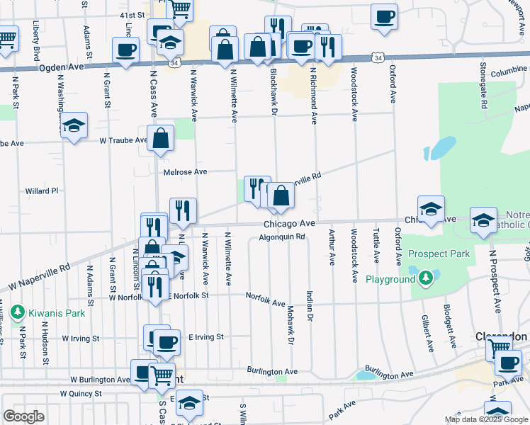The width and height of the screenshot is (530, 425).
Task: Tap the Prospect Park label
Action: pyautogui.click(x=439, y=254)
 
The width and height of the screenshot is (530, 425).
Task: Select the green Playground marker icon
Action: pyautogui.click(x=425, y=279)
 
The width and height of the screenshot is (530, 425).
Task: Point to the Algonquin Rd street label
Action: pyautogui.click(x=281, y=237)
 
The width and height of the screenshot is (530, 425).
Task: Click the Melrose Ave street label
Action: pyautogui.click(x=185, y=171)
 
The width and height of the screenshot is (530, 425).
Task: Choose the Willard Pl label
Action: pyautogui.click(x=41, y=191)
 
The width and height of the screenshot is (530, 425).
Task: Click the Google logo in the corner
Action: pyautogui.click(x=23, y=416)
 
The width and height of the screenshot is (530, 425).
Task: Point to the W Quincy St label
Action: pyautogui.click(x=81, y=393)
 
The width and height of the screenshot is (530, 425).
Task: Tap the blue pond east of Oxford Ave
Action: pyautogui.click(x=440, y=147)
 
